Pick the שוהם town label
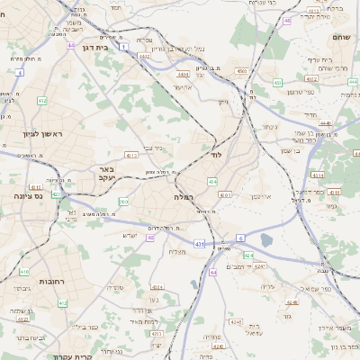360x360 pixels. (340, 38)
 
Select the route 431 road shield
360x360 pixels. (199, 244)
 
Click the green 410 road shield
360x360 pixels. (24, 271)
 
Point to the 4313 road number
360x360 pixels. (131, 155)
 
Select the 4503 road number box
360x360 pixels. (241, 70)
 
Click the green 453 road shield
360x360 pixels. (277, 83)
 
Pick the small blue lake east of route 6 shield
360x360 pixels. (266, 239)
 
